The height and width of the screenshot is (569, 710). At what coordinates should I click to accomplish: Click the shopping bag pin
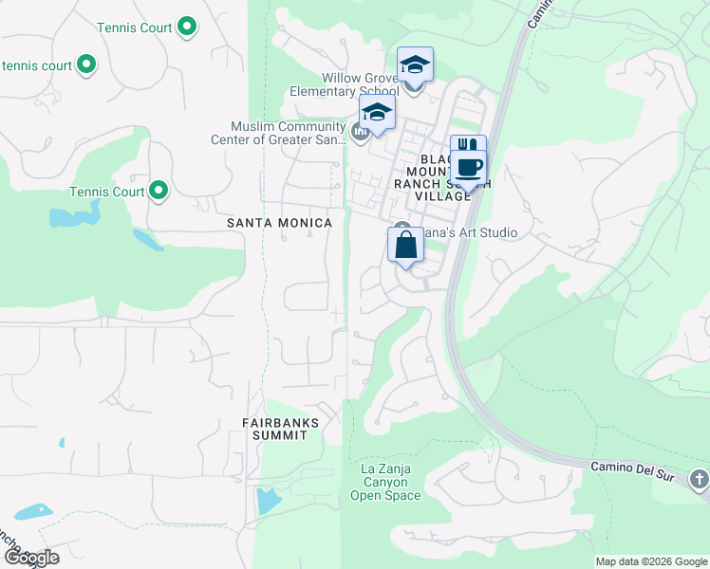[405, 246]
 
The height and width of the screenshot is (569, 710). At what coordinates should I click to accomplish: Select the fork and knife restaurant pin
[467, 149]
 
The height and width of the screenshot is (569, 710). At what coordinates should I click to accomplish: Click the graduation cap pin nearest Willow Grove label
[415, 65]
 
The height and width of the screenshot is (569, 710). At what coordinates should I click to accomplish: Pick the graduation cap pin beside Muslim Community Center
[377, 113]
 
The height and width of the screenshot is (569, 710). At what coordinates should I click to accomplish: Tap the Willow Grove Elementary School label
[346, 84]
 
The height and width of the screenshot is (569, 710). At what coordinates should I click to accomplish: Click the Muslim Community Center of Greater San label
[288, 134]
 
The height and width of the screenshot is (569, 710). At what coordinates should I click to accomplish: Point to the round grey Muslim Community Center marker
[361, 132]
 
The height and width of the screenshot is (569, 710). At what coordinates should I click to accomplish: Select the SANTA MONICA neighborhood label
[280, 223]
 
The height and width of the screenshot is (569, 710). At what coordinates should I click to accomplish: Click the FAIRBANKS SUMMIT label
[280, 428]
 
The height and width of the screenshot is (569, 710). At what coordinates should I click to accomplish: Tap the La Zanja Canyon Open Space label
[384, 482]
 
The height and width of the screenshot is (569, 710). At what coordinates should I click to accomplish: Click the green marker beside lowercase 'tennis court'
[86, 65]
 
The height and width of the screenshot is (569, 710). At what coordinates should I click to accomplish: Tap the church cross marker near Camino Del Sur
[700, 479]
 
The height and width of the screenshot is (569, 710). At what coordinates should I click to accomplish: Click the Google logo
[31, 558]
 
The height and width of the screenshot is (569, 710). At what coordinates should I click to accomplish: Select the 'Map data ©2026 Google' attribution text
[650, 561]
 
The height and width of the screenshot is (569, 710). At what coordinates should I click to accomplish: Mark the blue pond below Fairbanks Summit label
[269, 498]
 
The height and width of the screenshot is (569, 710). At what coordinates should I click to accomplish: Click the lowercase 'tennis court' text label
[38, 65]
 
